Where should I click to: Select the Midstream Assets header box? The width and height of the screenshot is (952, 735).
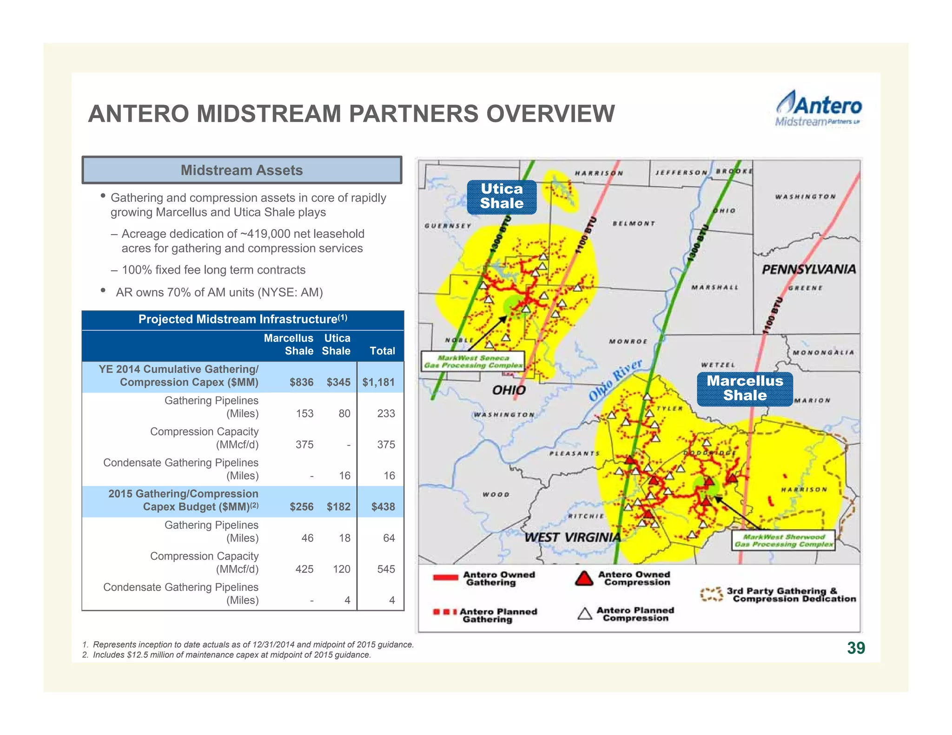coord(242,170)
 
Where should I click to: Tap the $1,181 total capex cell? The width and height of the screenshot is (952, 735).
coord(378,382)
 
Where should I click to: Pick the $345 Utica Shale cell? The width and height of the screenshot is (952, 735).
coord(338,382)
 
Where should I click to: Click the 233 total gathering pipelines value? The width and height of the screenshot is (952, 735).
coord(386,413)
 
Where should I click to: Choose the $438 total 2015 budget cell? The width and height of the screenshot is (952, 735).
coord(383,507)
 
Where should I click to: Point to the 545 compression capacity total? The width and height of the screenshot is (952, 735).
coord(386,569)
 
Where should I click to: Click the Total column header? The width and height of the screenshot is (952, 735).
coord(382,351)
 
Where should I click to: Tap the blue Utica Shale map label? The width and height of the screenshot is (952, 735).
coord(502,196)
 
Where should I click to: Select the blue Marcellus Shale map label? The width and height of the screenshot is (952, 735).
coord(745,388)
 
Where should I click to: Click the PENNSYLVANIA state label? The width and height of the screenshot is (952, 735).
coord(809,269)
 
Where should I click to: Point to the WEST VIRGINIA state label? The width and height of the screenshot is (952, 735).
coord(572,538)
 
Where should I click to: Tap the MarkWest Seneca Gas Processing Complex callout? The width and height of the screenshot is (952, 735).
coord(473,361)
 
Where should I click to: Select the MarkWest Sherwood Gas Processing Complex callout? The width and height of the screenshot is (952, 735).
coord(783,540)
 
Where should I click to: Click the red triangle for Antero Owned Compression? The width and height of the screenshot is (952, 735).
coord(584,578)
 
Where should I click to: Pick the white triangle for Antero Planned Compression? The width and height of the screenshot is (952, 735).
coord(585,614)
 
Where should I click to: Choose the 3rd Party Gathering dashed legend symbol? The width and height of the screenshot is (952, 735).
coord(711,595)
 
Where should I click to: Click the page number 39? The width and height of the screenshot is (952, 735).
coord(856,648)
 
